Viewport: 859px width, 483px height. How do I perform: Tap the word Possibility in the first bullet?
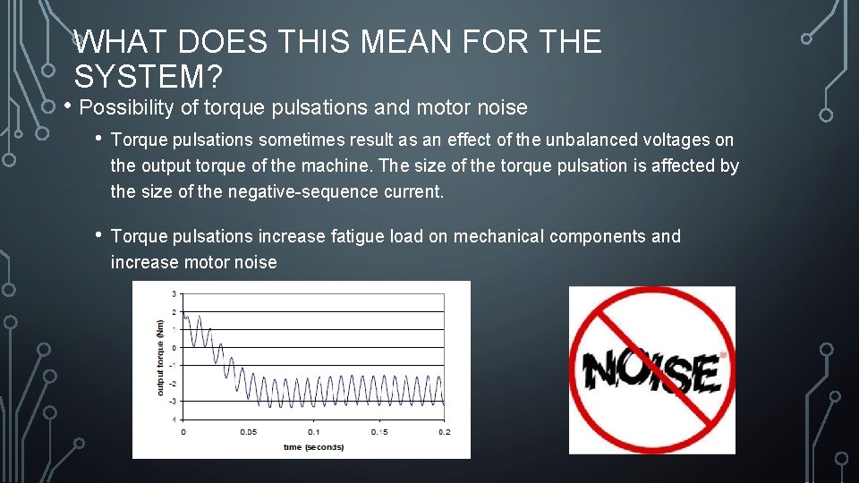click(x=136, y=108)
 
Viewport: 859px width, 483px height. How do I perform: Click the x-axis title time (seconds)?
click(x=313, y=446)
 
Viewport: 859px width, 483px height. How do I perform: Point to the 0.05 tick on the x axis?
click(x=249, y=432)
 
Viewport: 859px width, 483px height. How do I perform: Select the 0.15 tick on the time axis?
click(x=378, y=432)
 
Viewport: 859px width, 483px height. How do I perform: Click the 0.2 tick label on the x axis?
click(x=444, y=432)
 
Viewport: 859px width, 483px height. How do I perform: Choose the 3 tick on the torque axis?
click(x=174, y=293)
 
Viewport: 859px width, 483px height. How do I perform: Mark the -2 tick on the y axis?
click(x=173, y=383)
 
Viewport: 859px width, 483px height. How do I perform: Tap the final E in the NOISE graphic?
click(x=704, y=374)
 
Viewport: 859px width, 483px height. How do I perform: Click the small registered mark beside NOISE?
click(x=723, y=354)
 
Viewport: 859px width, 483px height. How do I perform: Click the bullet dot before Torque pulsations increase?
click(x=98, y=235)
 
